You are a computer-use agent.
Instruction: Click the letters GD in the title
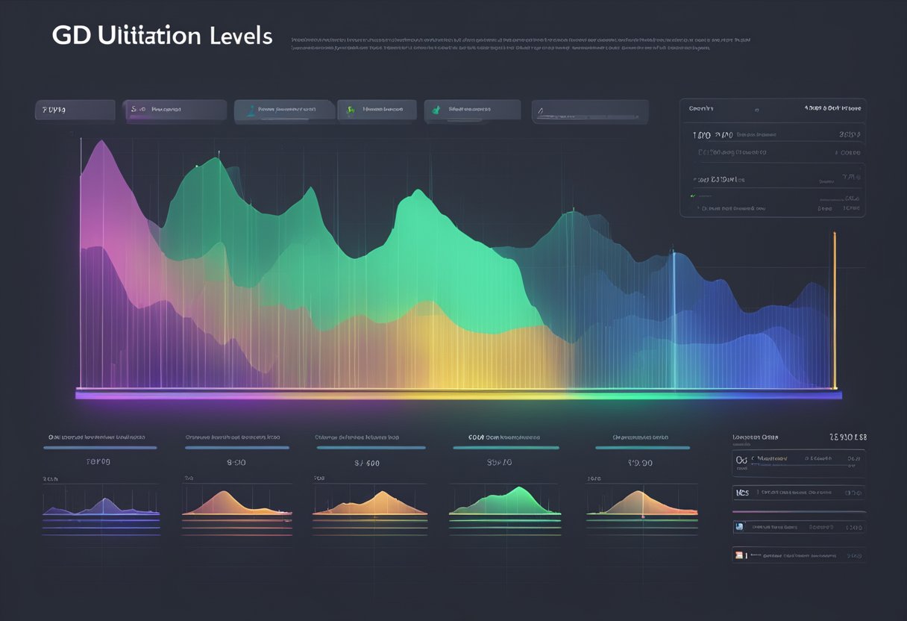coord(72,37)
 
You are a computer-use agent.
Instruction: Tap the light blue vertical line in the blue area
coord(674,321)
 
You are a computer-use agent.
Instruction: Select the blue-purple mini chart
coord(101,508)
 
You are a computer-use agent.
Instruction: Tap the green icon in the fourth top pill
coord(350,110)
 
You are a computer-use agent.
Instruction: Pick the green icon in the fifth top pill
coord(436,110)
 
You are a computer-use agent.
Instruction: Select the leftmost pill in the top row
coord(75,110)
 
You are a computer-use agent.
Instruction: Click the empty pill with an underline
coord(589,112)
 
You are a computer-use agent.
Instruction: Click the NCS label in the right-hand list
coord(742,493)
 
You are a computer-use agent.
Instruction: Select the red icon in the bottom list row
coord(740,555)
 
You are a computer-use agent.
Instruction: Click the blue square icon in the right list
coord(740,526)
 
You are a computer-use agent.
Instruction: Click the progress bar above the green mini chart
coord(505,448)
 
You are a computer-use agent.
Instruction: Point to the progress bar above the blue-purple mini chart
coord(100,448)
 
